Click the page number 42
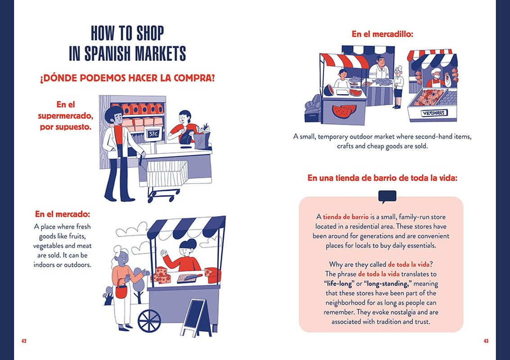[24, 341]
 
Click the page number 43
[486, 341]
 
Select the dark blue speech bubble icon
[387, 197]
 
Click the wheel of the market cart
[149, 321]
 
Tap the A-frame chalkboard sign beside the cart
[196, 317]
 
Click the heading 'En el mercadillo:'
[382, 34]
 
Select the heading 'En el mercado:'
[63, 214]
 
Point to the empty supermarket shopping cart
[167, 178]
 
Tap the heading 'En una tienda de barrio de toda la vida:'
[382, 178]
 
